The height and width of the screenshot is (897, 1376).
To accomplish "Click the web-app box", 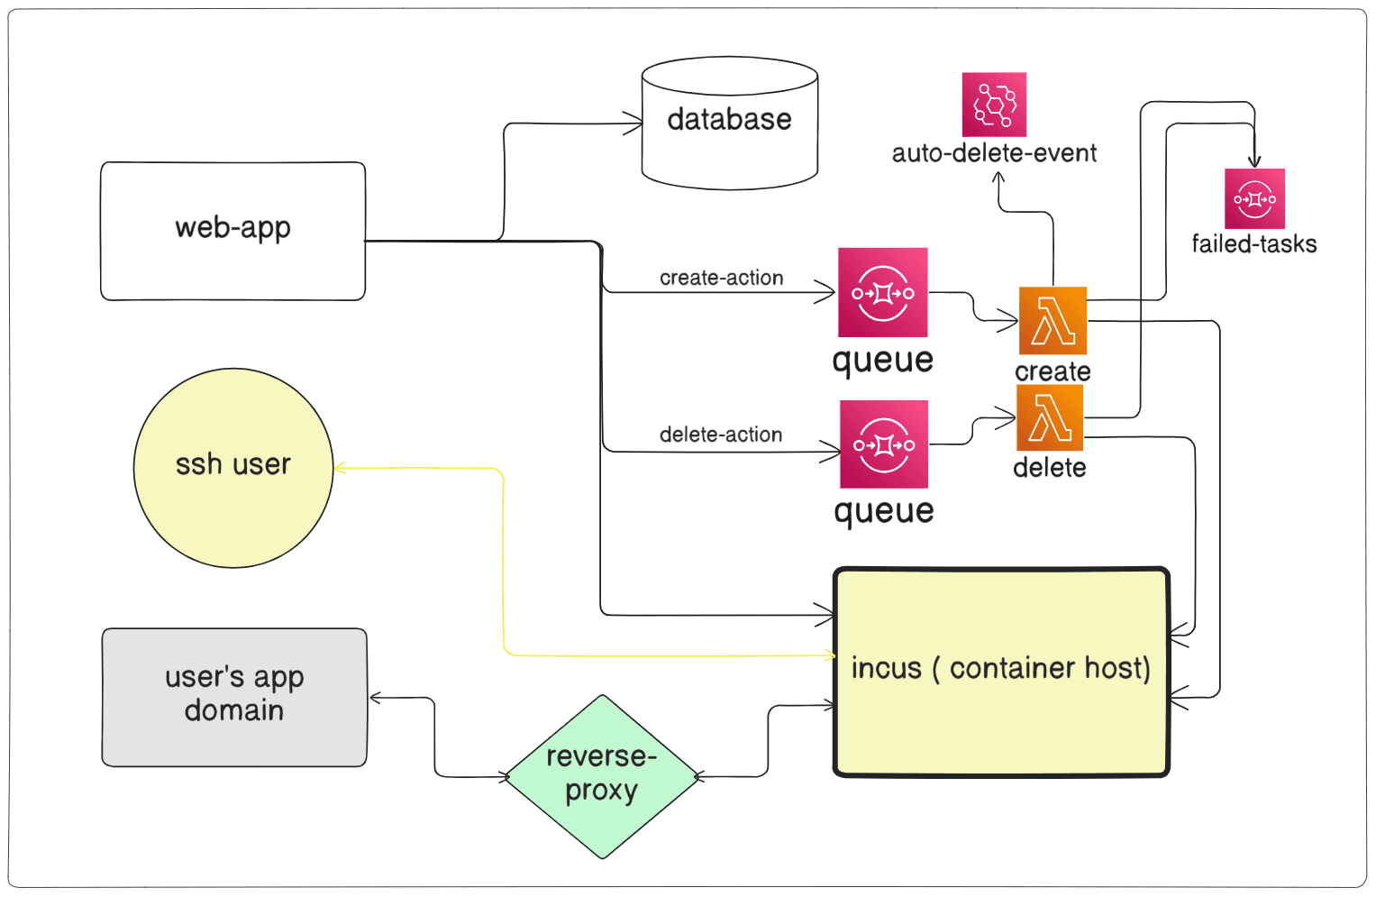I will (232, 231).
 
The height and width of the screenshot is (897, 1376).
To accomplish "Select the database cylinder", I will (729, 124).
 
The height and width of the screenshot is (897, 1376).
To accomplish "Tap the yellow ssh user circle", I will (233, 467).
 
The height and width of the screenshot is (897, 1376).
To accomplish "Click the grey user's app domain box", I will (234, 697).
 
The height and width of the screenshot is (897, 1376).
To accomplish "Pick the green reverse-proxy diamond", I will (601, 776).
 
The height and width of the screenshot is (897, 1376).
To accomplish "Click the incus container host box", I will (1001, 672).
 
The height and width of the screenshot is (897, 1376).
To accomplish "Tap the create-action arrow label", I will (721, 278).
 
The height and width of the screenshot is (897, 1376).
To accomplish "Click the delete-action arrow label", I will (721, 435).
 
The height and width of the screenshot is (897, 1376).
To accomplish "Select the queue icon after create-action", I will (882, 292).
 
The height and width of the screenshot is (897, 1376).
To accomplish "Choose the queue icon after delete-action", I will (884, 444).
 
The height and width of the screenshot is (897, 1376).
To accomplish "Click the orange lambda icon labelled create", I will (1053, 321).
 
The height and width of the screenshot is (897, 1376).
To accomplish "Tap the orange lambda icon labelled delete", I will (1050, 417).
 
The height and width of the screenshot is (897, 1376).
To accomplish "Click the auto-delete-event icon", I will (994, 105).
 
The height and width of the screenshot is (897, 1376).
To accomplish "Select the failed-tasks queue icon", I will (1254, 198).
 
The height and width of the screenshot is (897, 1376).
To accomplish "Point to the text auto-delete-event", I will (994, 153).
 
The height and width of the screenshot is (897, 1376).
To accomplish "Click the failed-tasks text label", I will (1253, 244).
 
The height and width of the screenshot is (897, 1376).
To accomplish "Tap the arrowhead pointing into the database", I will (636, 124).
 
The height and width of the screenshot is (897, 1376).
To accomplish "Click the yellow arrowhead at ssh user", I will (340, 468).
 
